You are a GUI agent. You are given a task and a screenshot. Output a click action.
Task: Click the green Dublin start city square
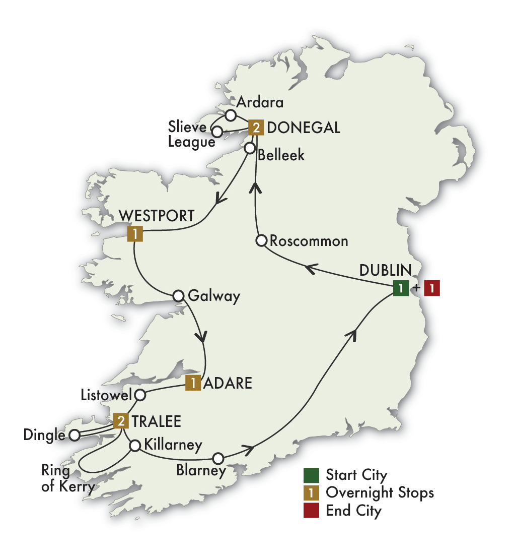coord(401,289)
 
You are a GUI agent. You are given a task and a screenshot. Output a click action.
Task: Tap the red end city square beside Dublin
coord(431,289)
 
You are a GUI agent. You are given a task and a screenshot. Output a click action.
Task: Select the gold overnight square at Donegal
coord(256,128)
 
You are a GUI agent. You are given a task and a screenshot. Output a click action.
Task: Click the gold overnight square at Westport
coord(135,233)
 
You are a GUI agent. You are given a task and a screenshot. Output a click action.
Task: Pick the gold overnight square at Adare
coord(193,383)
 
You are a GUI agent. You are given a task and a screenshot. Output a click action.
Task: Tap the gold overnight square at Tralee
coord(121,421)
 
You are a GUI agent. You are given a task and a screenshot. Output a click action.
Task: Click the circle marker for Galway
coord(178,296)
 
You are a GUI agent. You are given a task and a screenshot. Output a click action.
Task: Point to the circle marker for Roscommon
coord(261,241)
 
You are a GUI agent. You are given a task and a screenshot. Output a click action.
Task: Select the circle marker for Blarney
coord(218,458)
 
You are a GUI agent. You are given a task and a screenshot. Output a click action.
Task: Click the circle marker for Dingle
coord(74,435)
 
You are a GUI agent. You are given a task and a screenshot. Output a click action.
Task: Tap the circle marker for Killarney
coord(135,446)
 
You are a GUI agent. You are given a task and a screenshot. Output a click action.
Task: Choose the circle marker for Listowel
coord(140,394)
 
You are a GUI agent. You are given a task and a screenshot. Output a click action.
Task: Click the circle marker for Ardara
coord(231,115)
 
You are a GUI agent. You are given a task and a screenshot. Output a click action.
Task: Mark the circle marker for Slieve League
coord(217,132)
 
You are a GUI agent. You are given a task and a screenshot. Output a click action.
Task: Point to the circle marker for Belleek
coord(249,148)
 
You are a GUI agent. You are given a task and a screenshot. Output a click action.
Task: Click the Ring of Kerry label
coord(68,479)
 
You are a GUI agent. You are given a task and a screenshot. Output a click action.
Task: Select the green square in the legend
coord(311,475)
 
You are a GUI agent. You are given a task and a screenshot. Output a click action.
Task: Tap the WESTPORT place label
coord(157,216)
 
